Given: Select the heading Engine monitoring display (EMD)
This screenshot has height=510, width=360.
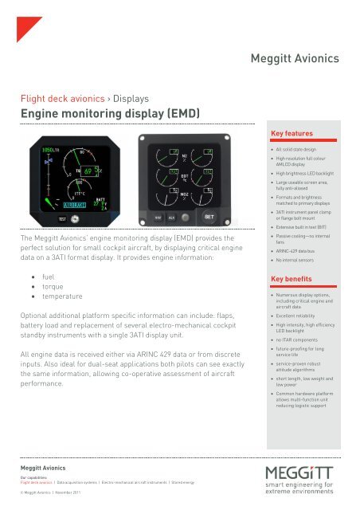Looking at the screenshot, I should [109, 114].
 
